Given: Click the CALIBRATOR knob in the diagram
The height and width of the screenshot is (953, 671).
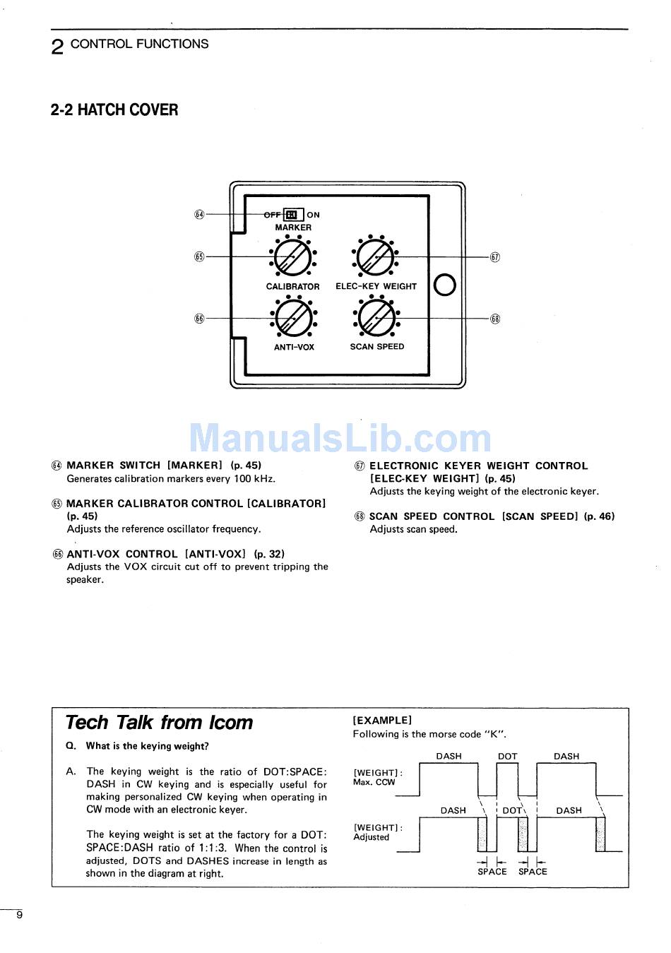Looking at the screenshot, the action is (293, 258).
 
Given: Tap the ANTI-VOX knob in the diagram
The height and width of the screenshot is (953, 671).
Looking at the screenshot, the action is (293, 319).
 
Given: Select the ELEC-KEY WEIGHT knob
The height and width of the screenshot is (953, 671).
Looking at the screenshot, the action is (376, 258).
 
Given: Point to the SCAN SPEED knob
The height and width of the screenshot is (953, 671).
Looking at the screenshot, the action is (376, 319).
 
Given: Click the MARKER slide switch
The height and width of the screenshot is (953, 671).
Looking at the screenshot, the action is (293, 215).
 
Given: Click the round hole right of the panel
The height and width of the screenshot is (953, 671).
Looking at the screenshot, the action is (444, 285).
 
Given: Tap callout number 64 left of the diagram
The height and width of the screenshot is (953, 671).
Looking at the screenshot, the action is (199, 215).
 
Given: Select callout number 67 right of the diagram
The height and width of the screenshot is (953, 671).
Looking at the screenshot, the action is (495, 257).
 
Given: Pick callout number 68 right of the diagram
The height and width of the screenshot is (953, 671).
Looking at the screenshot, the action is (495, 319).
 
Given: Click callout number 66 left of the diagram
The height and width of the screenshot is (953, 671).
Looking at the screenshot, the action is (199, 319).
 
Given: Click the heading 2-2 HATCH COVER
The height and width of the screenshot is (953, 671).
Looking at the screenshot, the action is (114, 110).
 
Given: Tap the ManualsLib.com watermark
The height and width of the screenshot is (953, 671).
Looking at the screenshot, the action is (340, 438).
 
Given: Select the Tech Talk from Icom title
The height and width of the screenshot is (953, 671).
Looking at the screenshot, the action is (159, 723).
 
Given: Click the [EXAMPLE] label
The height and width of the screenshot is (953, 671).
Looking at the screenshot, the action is (382, 721).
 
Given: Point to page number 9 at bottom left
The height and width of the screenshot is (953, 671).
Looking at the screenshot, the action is (20, 915).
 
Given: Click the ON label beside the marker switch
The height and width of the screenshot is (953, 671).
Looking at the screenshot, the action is (313, 215).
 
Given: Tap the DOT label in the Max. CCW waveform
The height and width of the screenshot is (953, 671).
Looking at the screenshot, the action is (507, 756).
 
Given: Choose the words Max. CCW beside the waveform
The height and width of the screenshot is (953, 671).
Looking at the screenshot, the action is (374, 783).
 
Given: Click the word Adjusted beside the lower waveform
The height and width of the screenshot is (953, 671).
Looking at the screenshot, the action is (372, 837).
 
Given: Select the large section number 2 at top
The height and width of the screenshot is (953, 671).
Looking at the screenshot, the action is (58, 47).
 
